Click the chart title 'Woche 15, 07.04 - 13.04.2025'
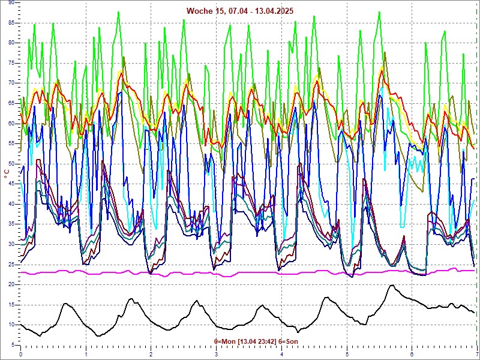pos(240,11)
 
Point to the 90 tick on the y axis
pos(11,3)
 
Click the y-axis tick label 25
pos(11,265)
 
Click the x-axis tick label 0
pos(21,354)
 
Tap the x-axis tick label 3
pos(216,354)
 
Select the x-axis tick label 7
pos(476,354)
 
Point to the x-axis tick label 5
pos(347,354)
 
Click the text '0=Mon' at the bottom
pos(226,341)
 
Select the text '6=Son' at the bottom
pos(289,341)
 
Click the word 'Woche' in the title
pos(199,11)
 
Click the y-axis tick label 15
pos(11,305)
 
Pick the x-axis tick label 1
pos(86,354)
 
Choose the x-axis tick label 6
pos(412,354)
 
